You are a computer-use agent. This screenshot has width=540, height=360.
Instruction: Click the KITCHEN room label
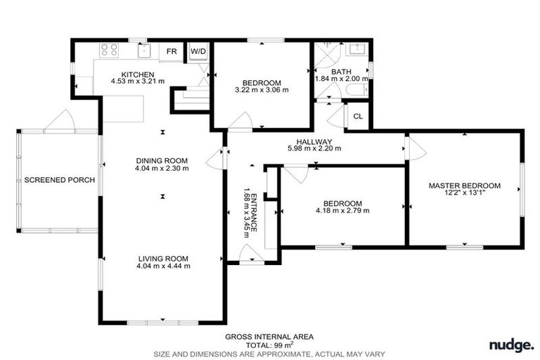point(137,74)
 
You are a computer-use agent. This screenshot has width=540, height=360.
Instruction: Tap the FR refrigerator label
point(172,51)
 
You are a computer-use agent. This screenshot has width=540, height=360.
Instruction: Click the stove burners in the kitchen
point(109,50)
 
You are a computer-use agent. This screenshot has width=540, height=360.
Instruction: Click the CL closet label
point(358,117)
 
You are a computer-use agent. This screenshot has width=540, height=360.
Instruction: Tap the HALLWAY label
point(314,141)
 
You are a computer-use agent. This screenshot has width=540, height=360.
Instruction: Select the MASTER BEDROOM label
point(465,186)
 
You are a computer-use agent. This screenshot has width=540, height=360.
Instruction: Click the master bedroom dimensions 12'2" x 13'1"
point(465,194)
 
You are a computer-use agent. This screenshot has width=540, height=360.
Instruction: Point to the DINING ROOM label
point(162,161)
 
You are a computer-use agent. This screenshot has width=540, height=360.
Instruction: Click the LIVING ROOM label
point(162,258)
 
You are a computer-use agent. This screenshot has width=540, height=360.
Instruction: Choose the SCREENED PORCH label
point(59,180)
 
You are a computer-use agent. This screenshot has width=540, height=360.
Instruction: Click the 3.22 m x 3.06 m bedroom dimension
point(262,90)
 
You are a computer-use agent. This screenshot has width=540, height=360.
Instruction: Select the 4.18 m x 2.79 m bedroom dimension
point(342,210)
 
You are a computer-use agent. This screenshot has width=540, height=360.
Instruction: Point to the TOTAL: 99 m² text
point(269,345)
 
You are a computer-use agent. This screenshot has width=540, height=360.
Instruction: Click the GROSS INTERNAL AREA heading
point(269,337)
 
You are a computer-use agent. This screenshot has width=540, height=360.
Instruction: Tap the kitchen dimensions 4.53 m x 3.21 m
point(137,82)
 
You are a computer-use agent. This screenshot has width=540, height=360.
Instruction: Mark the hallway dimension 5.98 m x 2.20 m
point(314,148)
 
